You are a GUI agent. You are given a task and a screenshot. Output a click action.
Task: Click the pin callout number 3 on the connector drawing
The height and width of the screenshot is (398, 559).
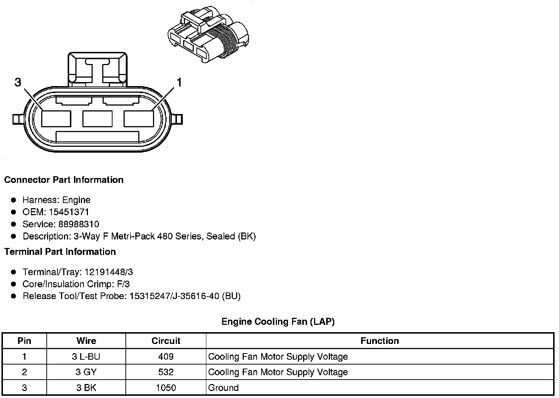click(18, 82)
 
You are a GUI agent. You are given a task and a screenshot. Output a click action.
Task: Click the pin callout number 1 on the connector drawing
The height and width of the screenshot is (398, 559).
click(179, 82)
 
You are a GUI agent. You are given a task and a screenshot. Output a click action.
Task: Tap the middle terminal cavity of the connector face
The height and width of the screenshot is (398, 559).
click(97, 118)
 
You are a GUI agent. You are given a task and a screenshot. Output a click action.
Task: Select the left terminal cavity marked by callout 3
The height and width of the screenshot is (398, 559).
click(56, 118)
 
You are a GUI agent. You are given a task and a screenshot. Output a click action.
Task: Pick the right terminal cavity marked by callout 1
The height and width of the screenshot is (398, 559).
click(139, 118)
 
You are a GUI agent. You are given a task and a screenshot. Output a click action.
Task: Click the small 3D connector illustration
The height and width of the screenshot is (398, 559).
click(209, 34)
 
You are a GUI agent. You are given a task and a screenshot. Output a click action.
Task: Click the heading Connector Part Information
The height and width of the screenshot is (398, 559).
click(64, 180)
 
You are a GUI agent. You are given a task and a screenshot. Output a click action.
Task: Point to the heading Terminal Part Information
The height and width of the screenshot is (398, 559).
click(60, 252)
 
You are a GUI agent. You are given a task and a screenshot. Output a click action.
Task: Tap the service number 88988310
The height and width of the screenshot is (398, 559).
click(78, 224)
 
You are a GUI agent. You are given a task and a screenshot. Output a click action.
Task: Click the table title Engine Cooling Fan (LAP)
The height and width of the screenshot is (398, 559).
click(278, 321)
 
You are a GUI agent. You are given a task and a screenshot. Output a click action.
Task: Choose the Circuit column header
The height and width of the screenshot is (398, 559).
click(166, 341)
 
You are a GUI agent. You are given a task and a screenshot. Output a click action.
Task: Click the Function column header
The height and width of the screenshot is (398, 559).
click(380, 341)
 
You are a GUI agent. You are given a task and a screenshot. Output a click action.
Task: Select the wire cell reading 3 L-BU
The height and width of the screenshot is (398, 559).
click(86, 356)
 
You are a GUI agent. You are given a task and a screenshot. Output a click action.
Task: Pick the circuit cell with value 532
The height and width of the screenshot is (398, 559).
click(166, 372)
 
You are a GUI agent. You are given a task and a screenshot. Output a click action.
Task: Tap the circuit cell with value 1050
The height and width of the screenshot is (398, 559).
click(166, 388)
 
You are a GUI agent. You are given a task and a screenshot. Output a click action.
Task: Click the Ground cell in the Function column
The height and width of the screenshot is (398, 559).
click(223, 388)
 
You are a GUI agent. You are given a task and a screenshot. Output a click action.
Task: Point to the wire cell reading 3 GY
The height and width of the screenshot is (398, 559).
click(86, 372)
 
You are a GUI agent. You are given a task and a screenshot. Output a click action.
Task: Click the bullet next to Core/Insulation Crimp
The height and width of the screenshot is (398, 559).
click(14, 284)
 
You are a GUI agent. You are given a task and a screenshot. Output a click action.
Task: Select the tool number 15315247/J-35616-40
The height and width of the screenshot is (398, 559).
click(174, 296)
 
